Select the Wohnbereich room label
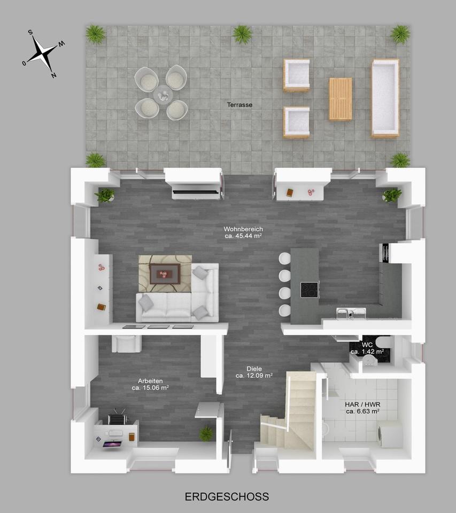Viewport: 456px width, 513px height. (243, 232)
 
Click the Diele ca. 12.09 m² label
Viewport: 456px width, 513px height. (254, 372)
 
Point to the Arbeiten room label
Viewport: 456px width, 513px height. (150, 384)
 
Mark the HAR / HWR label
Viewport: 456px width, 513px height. (362, 408)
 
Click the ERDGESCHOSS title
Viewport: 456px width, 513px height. (227, 497)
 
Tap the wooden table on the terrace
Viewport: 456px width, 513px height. (341, 99)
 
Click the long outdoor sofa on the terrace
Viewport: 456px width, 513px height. (385, 98)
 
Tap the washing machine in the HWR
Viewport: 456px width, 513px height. (389, 433)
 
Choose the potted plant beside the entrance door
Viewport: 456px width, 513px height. (206, 433)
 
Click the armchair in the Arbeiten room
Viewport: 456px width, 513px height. (126, 343)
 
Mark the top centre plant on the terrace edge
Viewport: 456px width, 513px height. (242, 34)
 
